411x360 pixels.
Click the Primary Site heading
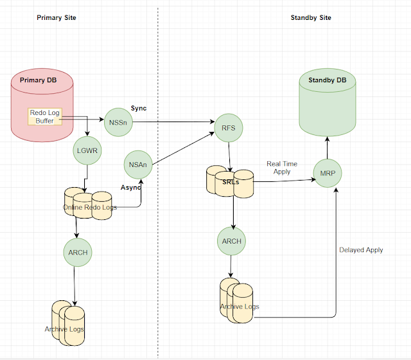click(x=57, y=17)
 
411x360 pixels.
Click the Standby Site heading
click(x=311, y=17)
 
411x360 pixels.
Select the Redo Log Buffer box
click(x=45, y=117)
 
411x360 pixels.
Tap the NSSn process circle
click(x=118, y=121)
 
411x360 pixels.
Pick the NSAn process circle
click(x=138, y=165)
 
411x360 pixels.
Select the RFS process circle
click(x=229, y=127)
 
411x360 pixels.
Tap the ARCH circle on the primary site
click(x=76, y=253)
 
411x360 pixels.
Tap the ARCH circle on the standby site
click(x=231, y=242)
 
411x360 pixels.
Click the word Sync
click(x=139, y=107)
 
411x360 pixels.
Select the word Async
click(x=130, y=187)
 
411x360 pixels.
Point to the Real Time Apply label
click(x=282, y=168)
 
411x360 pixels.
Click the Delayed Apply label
click(x=361, y=249)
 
